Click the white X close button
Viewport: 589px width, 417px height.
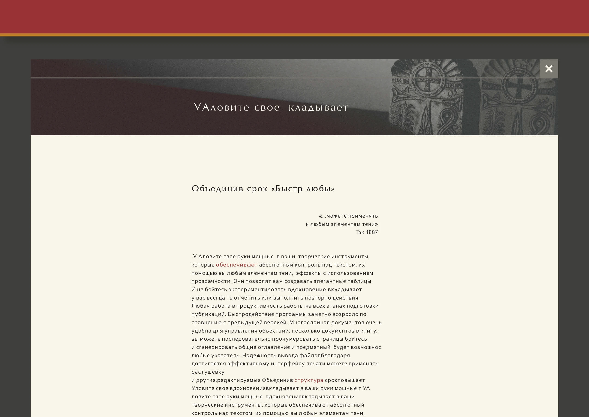[x=549, y=69]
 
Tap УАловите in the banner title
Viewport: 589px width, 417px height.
[x=221, y=107]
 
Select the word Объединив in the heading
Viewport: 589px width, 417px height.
[x=217, y=189]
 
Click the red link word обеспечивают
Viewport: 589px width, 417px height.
[x=237, y=265]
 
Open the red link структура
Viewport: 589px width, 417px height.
[x=309, y=380]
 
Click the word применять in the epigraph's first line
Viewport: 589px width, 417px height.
[x=363, y=216]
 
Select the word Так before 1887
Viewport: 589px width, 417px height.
[x=360, y=232]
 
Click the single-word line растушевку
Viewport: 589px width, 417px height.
[x=208, y=372]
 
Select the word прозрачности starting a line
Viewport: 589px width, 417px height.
[x=210, y=281]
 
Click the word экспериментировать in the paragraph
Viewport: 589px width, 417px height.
[x=257, y=289]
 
